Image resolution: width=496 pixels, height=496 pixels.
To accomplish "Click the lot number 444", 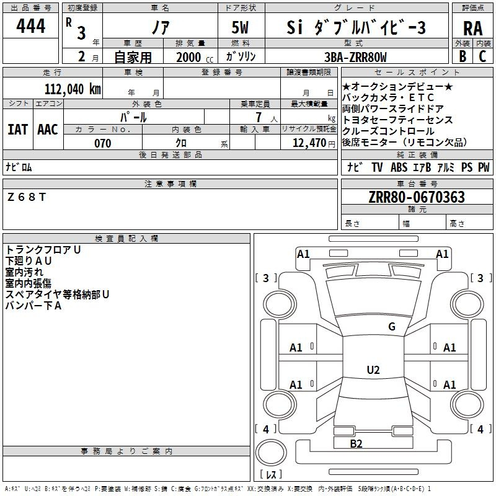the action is [30, 26].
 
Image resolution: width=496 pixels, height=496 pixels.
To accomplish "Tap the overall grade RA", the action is [472, 29].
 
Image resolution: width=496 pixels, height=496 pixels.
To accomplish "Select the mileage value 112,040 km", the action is [73, 89].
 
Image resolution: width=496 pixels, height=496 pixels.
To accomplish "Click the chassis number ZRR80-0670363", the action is [417, 197].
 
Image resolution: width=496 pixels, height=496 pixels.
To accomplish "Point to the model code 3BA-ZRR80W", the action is [355, 57].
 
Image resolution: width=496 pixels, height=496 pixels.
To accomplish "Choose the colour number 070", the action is [103, 143].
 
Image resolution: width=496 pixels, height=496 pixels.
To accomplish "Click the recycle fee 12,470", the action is [309, 143].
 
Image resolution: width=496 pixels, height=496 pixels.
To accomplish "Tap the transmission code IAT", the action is [18, 130].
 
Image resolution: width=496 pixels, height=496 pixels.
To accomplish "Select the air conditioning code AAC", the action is [48, 130].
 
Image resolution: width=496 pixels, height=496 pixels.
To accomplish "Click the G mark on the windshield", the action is [392, 326].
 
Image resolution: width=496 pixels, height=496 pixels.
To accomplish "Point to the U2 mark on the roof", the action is [373, 370].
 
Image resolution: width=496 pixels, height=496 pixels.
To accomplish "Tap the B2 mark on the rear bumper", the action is [356, 444].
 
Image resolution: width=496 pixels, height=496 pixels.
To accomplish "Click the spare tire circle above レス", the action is [271, 452].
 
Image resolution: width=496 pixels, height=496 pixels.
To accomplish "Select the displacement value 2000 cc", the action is [195, 57].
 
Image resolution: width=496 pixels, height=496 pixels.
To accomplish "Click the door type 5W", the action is [240, 27].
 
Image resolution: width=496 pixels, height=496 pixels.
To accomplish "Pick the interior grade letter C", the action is [482, 56].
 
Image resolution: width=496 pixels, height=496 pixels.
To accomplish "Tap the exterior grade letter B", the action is [463, 56].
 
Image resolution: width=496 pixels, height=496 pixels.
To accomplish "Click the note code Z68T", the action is [27, 197].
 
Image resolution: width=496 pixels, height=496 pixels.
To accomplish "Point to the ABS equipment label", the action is [399, 167].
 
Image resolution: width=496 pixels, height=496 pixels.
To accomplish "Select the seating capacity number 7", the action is [259, 117].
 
